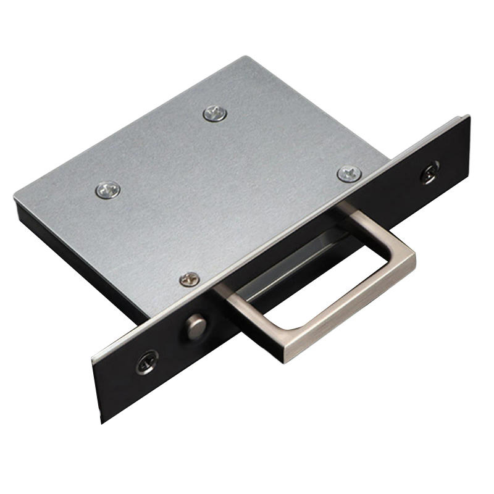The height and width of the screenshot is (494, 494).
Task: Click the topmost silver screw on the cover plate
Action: coord(215,113)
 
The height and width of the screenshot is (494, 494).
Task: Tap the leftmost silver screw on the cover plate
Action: coord(108,190)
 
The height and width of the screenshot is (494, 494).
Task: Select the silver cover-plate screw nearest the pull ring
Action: coord(349,174)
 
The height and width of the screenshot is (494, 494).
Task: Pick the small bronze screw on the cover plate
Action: coord(190,279)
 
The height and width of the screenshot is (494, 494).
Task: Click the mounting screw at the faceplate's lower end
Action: coord(147,362)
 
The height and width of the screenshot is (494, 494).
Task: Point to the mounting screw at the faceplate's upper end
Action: coord(430,171)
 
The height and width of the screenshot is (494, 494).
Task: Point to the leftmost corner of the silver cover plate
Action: coord(15,196)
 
